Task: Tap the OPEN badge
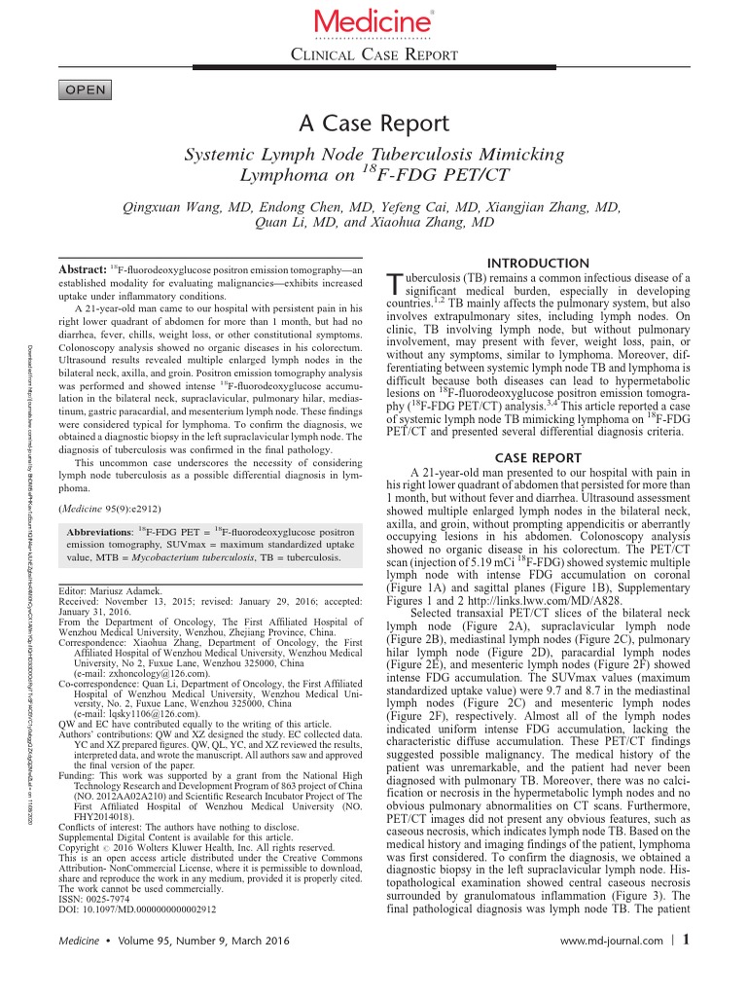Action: pyautogui.click(x=86, y=89)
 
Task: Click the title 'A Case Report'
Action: pyautogui.click(x=373, y=124)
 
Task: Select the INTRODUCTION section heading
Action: pyautogui.click(x=538, y=264)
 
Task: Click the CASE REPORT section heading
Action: pyautogui.click(x=538, y=457)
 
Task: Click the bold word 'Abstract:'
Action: pyautogui.click(x=83, y=269)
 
